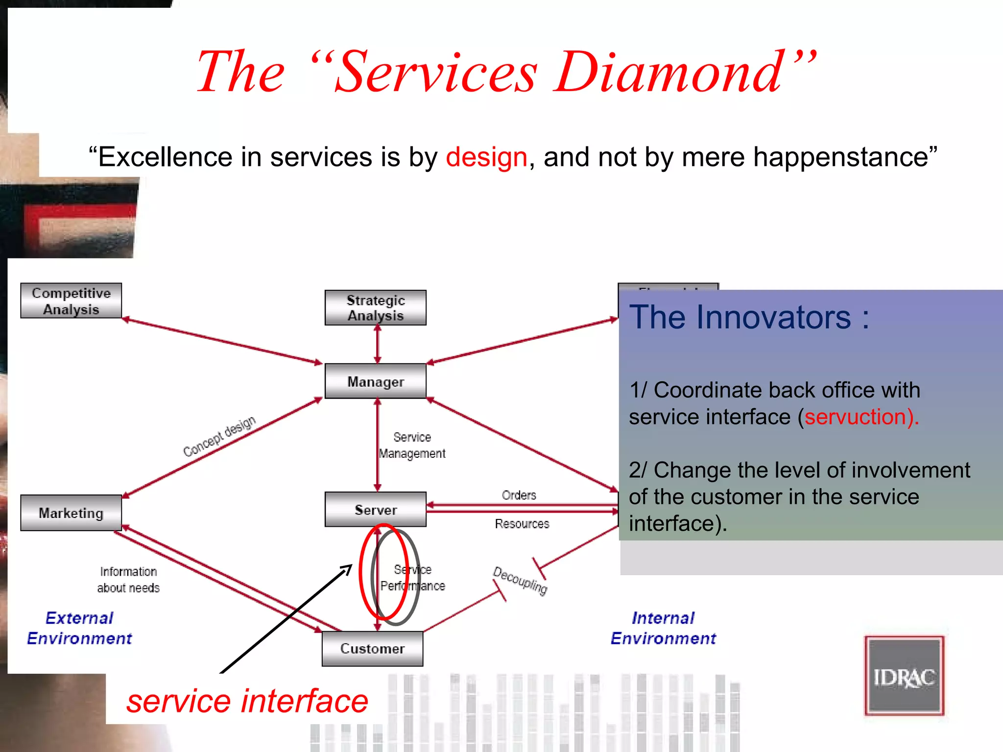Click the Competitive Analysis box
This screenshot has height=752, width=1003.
[x=71, y=301]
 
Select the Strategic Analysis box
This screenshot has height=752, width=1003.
[x=376, y=307]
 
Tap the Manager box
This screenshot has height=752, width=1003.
[x=376, y=381]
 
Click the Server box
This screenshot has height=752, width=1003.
[x=376, y=510]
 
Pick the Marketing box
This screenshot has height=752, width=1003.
[x=71, y=513]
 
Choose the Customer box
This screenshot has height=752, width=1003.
[x=372, y=649]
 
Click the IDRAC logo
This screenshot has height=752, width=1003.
[x=904, y=676]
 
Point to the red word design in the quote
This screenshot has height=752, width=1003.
[x=486, y=157]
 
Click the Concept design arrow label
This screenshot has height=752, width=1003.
[x=219, y=436]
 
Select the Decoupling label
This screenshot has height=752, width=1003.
[x=520, y=580]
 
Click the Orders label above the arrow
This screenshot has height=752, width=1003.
[x=519, y=495]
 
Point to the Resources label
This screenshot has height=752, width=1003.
[x=522, y=524]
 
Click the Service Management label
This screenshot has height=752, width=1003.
[x=412, y=445]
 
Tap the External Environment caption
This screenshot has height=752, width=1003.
[x=79, y=628]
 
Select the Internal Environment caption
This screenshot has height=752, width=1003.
[x=663, y=628]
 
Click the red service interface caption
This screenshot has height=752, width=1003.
[x=247, y=701]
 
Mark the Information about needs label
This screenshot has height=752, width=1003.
[x=128, y=580]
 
